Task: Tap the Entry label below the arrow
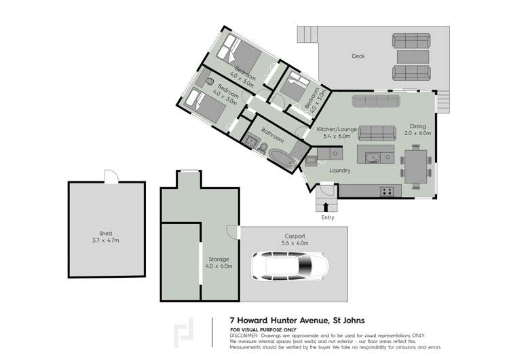[x=328, y=217]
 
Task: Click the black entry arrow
[x=328, y=206]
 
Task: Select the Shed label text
[x=106, y=234]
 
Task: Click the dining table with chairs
[x=415, y=166]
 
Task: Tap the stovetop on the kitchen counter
[x=388, y=192]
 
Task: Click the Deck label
[x=358, y=56]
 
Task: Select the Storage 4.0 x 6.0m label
[x=219, y=262]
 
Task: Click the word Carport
[x=295, y=236]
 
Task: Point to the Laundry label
[x=339, y=170]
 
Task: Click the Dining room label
[x=417, y=125]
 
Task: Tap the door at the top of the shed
[x=109, y=177]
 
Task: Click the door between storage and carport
[x=235, y=232]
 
